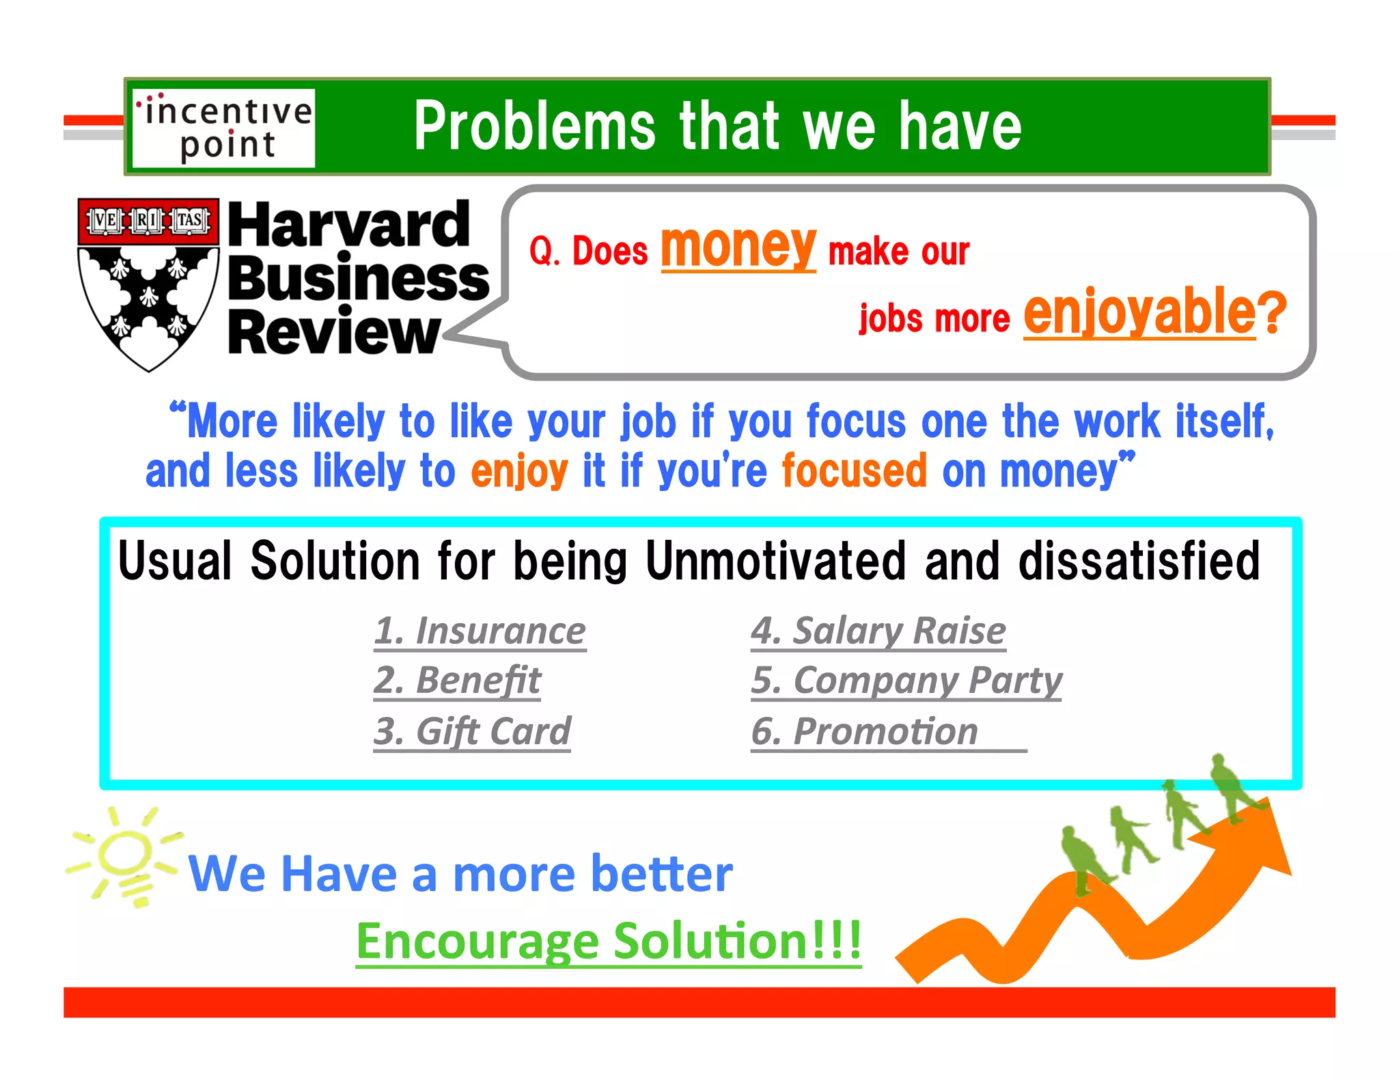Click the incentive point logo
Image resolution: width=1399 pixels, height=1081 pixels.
coord(223,128)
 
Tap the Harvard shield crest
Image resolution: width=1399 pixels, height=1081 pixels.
coord(148,284)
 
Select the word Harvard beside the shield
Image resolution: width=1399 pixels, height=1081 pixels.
coord(348,225)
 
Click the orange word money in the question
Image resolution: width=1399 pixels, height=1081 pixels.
coord(738,247)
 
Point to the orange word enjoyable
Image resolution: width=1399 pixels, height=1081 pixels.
coord(1139,312)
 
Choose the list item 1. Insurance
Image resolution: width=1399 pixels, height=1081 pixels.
coord(480,630)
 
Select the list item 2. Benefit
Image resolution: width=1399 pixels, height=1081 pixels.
coord(457,681)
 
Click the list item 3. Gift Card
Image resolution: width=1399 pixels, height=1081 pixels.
coord(471,731)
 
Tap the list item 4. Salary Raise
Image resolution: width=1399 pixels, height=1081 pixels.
coord(878,630)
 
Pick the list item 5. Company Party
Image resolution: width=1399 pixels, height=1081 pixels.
coord(906,681)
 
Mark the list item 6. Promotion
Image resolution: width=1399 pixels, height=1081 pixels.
coord(865,731)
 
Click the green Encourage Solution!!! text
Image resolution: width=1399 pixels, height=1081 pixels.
coord(609,941)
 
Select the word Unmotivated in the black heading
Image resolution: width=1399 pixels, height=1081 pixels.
coord(775,561)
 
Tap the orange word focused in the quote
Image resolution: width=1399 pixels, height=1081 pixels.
coord(854,471)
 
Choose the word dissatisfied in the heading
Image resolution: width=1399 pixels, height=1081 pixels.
coord(1139,561)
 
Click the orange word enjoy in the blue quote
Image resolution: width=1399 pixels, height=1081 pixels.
coord(519,471)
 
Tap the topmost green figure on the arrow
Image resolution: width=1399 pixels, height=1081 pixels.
coord(1230,786)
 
